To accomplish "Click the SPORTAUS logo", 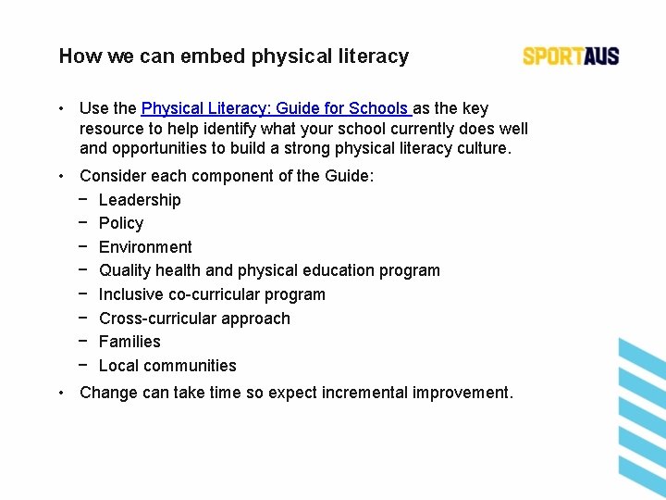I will tap(571, 56).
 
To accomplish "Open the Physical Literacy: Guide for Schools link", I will tap(275, 108).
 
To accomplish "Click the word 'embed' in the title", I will tap(209, 56).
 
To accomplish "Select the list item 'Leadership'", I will tap(140, 200).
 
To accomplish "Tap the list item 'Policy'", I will tap(121, 223).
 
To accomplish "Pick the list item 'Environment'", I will tap(145, 247).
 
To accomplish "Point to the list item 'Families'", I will tap(129, 342).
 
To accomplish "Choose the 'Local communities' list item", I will tap(167, 366).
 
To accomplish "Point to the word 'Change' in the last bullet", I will tap(108, 393).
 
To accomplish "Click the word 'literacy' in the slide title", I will tap(375, 56).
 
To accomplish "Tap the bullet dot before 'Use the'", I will tap(59, 109).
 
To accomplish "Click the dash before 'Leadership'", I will tap(84, 200).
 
